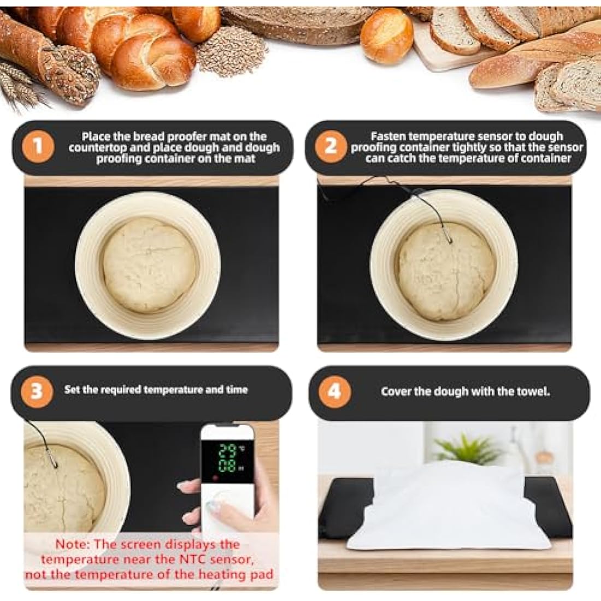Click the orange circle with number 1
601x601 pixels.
[x=38, y=146]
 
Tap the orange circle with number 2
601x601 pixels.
[x=331, y=146]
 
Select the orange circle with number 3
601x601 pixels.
[x=36, y=391]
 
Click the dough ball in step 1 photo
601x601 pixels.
[x=149, y=265]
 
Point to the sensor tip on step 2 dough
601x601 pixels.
[x=447, y=238]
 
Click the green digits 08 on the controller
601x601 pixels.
[x=227, y=466]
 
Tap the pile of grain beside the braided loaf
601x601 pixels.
[x=232, y=52]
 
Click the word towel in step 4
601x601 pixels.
[x=532, y=391]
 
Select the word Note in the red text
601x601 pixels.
[x=72, y=544]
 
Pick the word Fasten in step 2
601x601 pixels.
[x=388, y=136]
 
